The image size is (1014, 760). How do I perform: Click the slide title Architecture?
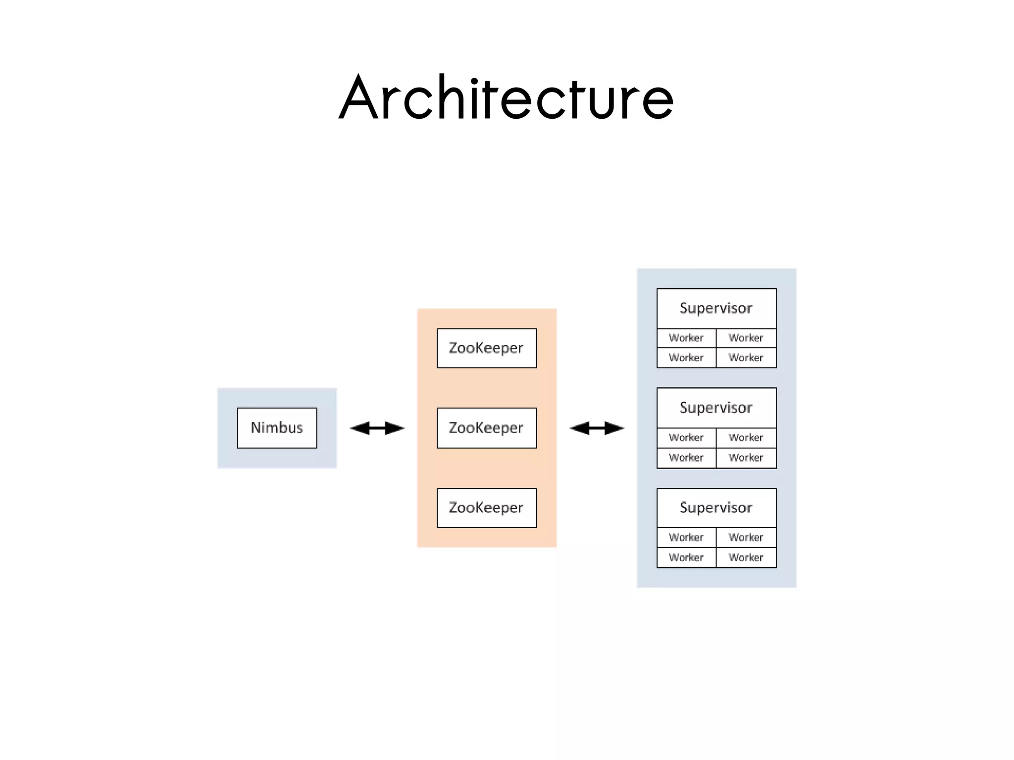tap(506, 98)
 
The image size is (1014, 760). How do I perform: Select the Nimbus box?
tap(277, 428)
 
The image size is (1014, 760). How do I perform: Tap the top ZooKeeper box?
tap(487, 348)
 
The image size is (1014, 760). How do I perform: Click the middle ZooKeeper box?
tap(487, 428)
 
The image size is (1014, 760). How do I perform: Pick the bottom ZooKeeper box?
tap(487, 508)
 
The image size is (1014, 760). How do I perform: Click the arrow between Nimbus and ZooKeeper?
tap(377, 428)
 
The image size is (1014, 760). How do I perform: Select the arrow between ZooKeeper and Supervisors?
tap(597, 428)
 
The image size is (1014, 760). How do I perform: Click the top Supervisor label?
tap(716, 308)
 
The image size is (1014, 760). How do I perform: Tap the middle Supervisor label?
tap(716, 408)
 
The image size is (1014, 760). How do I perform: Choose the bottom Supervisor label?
tap(716, 508)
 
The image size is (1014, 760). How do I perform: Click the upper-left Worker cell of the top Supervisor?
tap(686, 338)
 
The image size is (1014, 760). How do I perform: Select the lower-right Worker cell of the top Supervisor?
tap(746, 358)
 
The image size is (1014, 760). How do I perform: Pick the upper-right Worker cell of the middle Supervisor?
tap(746, 438)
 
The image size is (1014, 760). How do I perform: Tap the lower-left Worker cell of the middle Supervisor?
tap(686, 458)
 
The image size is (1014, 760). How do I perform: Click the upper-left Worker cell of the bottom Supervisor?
tap(686, 537)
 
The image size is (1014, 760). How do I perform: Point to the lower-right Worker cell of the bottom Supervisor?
tap(746, 558)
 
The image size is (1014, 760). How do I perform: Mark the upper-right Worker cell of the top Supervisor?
tap(746, 338)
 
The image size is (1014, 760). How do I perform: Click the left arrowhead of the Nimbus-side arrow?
tap(359, 428)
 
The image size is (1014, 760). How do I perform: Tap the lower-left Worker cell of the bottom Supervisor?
tap(686, 558)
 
